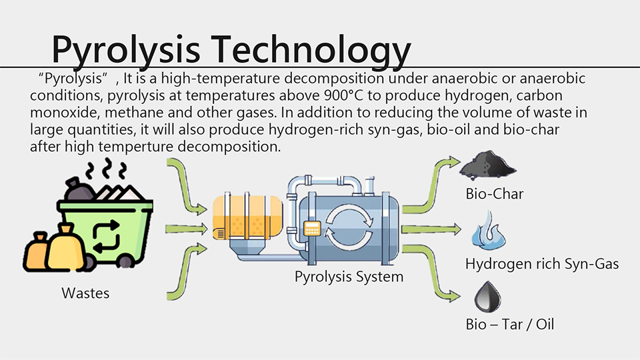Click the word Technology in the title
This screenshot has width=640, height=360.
(x=311, y=51)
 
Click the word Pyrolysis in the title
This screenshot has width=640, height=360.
(x=126, y=51)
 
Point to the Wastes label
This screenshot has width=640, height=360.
(x=85, y=293)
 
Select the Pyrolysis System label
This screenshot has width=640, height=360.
(x=349, y=277)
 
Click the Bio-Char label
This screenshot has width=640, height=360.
(x=494, y=194)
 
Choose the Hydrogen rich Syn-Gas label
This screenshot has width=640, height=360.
(x=542, y=264)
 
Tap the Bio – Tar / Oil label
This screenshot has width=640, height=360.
(x=510, y=325)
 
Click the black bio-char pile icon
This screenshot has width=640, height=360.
(x=487, y=165)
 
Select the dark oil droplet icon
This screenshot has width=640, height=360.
(x=487, y=296)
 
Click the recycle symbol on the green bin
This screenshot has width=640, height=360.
(x=107, y=236)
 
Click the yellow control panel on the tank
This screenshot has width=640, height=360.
(x=312, y=229)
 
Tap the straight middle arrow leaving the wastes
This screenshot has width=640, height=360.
(x=187, y=229)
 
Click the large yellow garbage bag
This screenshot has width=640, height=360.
(x=65, y=249)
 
